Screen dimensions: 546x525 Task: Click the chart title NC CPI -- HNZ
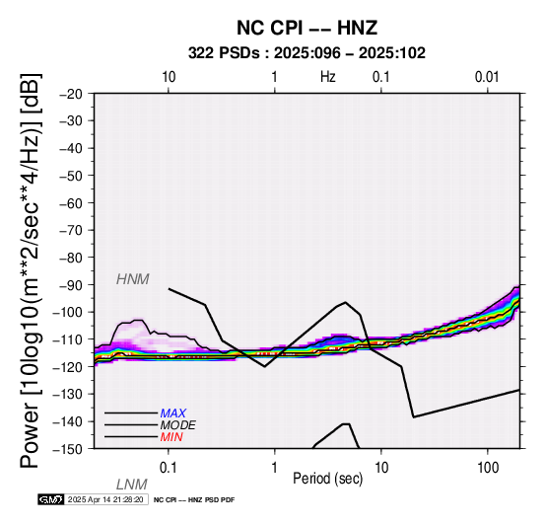tap(307, 28)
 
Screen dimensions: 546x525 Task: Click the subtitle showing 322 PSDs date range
tap(307, 53)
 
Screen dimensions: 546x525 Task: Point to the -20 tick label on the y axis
tap(71, 94)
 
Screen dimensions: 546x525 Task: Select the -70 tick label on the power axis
tap(71, 230)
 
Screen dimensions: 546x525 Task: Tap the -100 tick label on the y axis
tap(68, 312)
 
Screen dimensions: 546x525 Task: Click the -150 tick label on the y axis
tap(68, 449)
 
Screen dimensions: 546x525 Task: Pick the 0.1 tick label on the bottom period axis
tap(169, 468)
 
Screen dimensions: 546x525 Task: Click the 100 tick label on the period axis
tap(488, 468)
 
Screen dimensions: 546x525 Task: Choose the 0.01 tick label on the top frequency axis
tap(487, 77)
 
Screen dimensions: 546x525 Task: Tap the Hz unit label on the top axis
tap(328, 77)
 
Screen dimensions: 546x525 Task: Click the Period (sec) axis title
tap(327, 479)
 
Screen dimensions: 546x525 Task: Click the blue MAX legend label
tap(173, 413)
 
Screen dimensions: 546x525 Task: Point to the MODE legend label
tap(178, 425)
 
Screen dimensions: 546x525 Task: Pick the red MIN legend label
tap(171, 437)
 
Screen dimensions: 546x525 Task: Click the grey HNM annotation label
tap(133, 279)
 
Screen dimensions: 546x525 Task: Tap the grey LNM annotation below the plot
tap(132, 485)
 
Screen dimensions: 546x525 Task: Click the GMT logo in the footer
tap(51, 499)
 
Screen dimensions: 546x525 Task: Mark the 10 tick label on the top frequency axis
tap(169, 77)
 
